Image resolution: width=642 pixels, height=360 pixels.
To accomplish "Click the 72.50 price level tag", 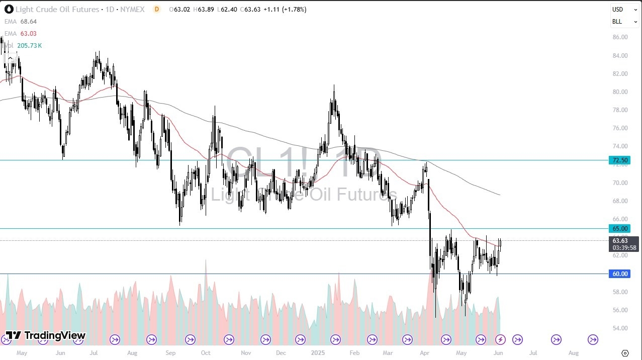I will [x=619, y=160].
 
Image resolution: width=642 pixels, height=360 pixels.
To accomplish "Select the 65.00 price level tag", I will [x=619, y=228].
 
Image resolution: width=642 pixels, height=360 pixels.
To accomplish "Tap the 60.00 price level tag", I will [x=619, y=274].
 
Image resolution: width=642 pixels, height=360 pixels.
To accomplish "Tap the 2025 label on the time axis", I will [x=318, y=353].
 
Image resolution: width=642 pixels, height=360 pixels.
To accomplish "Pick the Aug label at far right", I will [x=574, y=353].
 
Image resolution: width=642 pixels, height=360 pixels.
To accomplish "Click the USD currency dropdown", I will [x=624, y=10].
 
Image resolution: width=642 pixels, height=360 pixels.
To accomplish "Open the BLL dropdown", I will [x=624, y=22].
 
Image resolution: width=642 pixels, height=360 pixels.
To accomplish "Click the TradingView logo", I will [x=46, y=335].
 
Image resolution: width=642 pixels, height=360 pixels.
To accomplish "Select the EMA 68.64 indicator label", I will [x=21, y=22].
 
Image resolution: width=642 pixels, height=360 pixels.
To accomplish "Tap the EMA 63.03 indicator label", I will [x=21, y=34].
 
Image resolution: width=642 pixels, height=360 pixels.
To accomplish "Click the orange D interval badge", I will [x=157, y=10].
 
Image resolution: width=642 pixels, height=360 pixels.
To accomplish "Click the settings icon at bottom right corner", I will [x=625, y=353].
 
